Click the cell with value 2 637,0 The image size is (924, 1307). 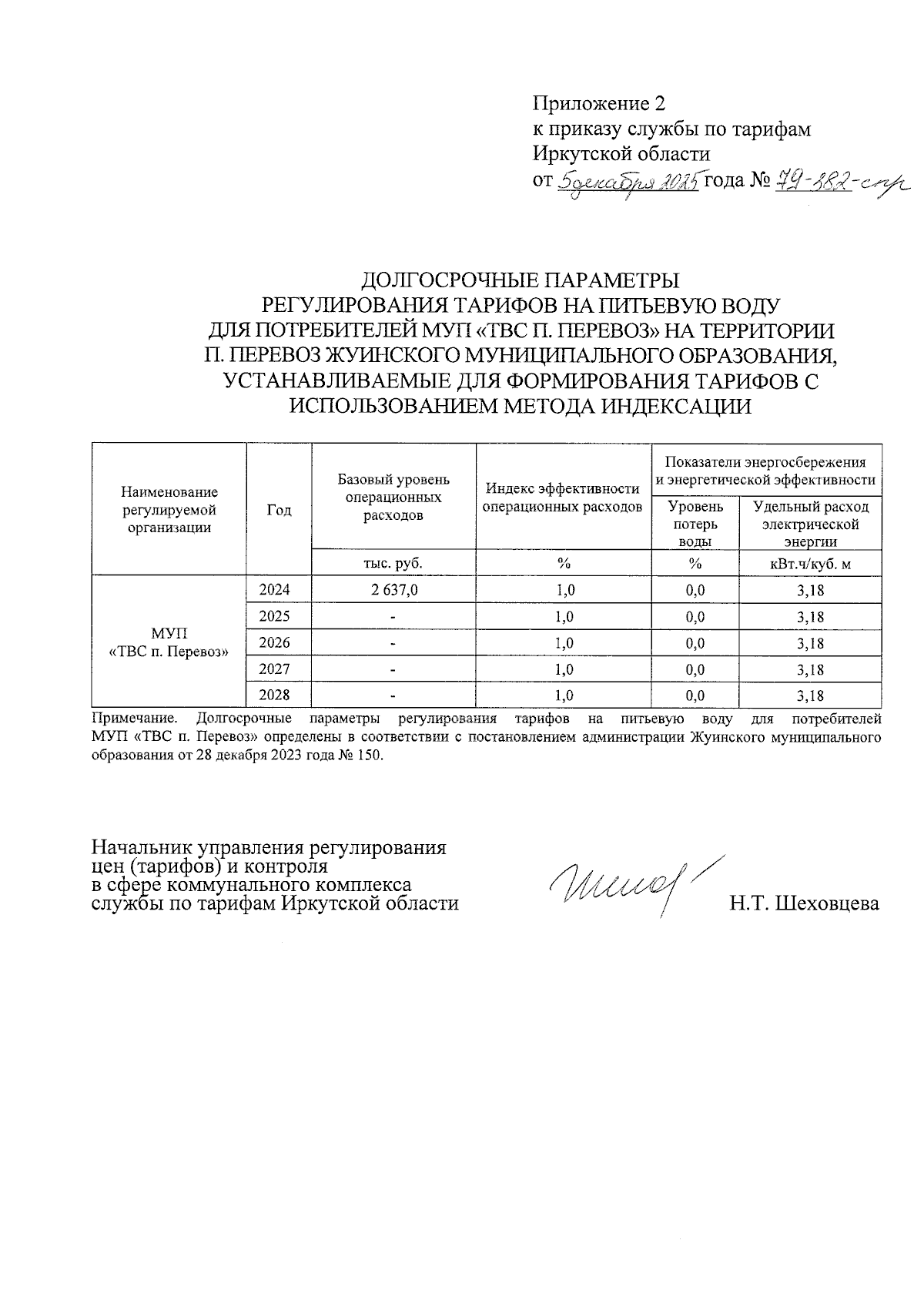(393, 590)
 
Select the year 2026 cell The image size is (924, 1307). (274, 642)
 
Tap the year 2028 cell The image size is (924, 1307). (274, 695)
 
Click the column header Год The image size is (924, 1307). (279, 510)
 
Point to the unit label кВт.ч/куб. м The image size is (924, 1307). (810, 564)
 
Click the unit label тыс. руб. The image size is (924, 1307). (393, 564)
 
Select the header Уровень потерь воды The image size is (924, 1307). (695, 524)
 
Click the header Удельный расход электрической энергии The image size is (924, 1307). (810, 524)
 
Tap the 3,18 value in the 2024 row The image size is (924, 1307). (811, 591)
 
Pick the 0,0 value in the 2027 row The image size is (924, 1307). (695, 669)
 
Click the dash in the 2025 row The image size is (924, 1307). (393, 617)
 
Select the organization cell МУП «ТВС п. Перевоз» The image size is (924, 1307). (169, 642)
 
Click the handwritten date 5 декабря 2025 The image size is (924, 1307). (627, 182)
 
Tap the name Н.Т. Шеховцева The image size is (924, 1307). (805, 903)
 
